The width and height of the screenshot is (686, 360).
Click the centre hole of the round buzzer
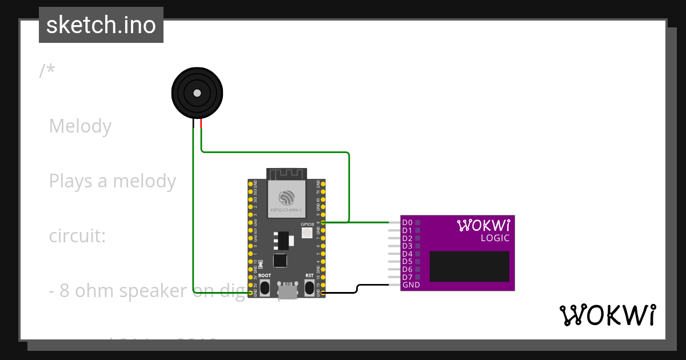click(197, 93)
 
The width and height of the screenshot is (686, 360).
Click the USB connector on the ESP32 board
click(287, 291)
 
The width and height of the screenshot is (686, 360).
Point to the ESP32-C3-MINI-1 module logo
click(286, 198)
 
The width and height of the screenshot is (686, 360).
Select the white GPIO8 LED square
click(307, 233)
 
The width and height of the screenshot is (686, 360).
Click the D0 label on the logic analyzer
click(407, 222)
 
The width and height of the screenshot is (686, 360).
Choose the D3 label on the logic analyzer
click(407, 246)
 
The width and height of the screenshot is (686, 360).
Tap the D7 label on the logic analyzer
click(407, 277)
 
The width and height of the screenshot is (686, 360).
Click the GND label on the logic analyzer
click(411, 285)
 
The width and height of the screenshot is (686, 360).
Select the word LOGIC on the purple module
click(494, 238)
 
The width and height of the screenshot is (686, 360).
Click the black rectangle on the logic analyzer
click(469, 266)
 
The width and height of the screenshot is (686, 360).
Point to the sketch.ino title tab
click(101, 25)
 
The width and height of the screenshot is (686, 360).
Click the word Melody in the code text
click(80, 126)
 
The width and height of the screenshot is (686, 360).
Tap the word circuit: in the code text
click(77, 235)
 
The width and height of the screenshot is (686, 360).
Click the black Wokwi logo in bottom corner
click(607, 315)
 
